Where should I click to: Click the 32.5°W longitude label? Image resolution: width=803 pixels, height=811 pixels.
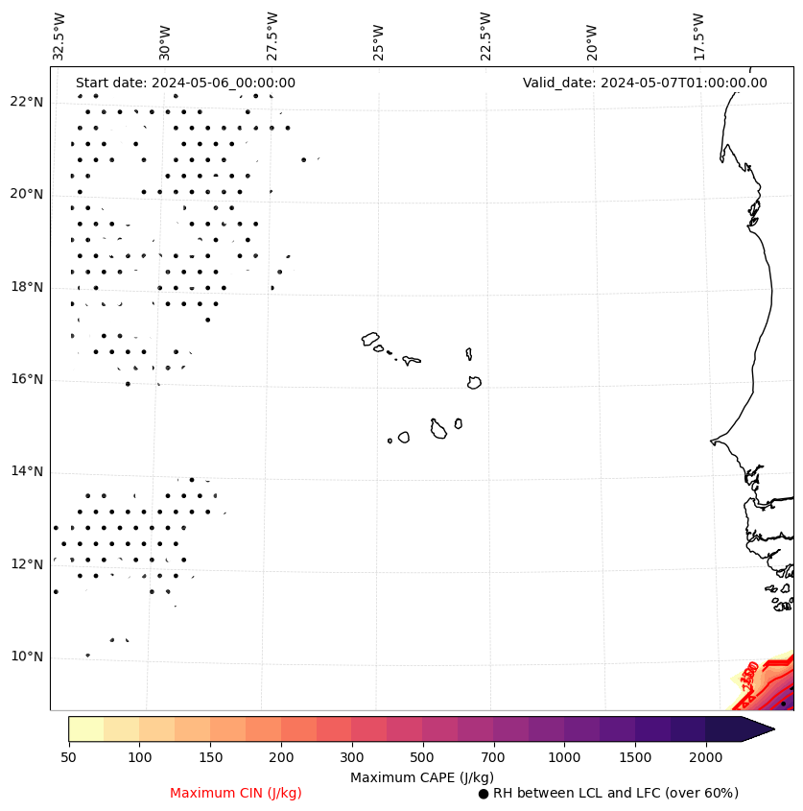click(59, 36)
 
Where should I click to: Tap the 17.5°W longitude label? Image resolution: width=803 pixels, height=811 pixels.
click(698, 36)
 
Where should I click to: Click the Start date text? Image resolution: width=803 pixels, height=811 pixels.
click(185, 83)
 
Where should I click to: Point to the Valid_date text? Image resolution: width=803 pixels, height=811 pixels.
click(645, 83)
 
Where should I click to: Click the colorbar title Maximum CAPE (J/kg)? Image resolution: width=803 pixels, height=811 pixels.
click(421, 777)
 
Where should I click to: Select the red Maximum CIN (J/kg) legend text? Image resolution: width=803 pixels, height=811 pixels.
click(236, 794)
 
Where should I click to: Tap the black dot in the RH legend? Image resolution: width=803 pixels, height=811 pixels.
click(484, 794)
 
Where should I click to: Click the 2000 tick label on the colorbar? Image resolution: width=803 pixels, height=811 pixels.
click(706, 758)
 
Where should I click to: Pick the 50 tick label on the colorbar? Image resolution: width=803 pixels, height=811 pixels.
click(68, 758)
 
